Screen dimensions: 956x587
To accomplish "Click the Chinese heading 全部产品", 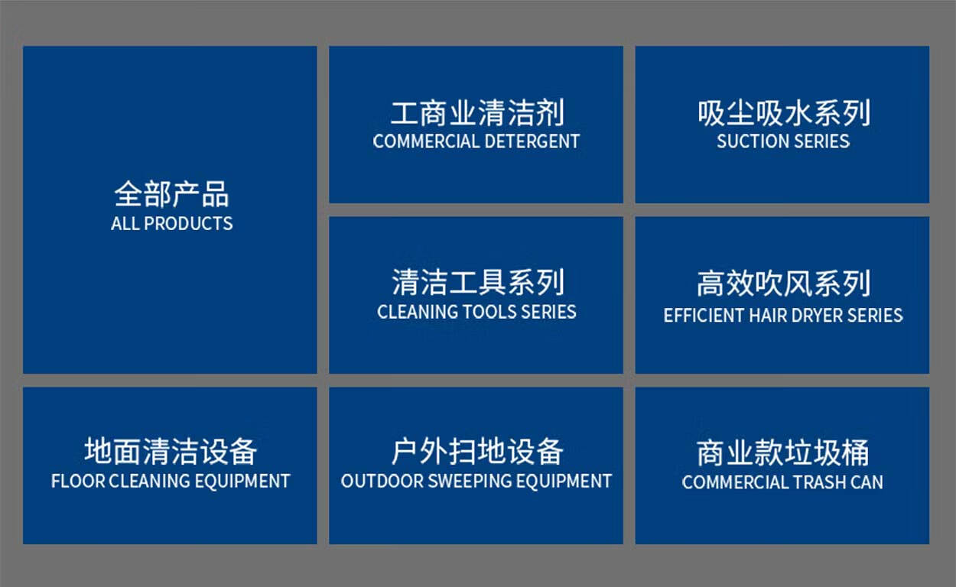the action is tap(171, 194).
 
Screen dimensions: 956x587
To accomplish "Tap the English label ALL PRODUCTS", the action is tap(172, 223).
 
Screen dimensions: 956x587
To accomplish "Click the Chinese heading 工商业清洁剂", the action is tap(477, 113).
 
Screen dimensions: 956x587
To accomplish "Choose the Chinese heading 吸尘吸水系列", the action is tap(784, 113).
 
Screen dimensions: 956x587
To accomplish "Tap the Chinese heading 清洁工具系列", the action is tap(479, 282).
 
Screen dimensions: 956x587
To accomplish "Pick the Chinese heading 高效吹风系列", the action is tap(784, 284).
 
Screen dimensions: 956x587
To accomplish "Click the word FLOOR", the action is tap(78, 482).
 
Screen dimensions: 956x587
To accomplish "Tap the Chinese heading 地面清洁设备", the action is tap(171, 451).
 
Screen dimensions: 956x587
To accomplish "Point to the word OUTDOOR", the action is tap(382, 482).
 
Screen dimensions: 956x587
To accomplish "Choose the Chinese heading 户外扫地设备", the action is tap(477, 451).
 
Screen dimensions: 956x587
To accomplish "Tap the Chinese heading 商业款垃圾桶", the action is tap(782, 452).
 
